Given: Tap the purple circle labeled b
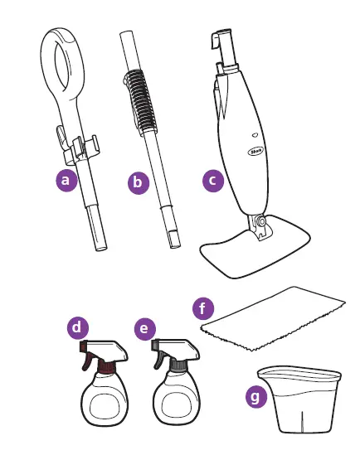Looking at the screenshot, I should [139, 182].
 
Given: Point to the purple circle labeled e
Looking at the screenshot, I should [144, 329].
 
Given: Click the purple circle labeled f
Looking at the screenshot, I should [204, 308].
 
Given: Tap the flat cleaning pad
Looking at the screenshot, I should [274, 315].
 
